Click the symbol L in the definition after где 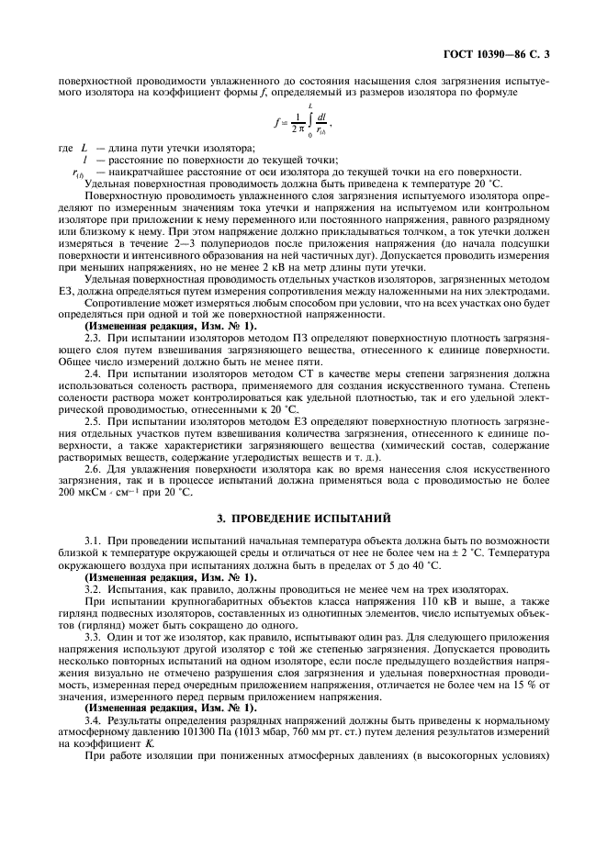pos(84,150)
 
